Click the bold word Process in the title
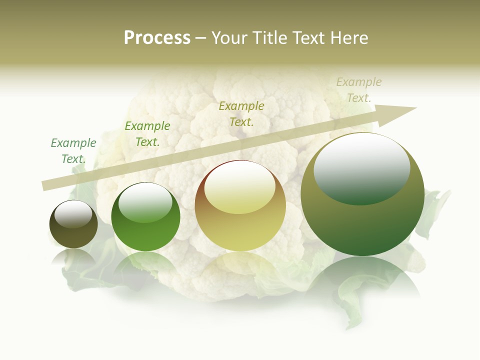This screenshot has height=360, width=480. tap(157, 38)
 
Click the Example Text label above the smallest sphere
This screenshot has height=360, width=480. tap(73, 151)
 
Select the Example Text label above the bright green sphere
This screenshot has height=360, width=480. tap(147, 134)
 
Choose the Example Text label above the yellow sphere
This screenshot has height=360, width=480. tap(241, 113)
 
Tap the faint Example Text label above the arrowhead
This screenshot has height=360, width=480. tap(359, 89)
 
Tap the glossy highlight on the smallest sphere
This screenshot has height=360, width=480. tap(73, 214)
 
